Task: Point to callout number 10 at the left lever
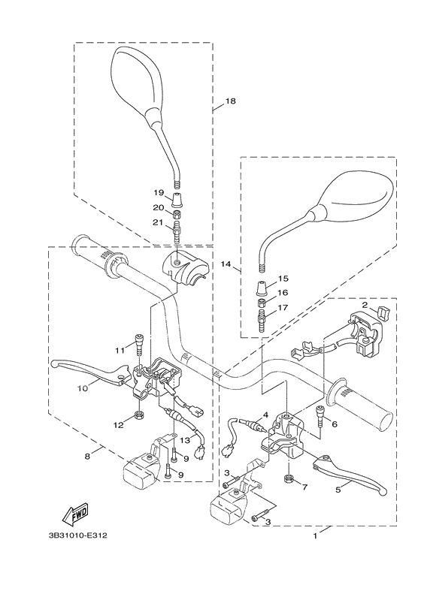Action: pyautogui.click(x=83, y=388)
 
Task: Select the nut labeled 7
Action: pyautogui.click(x=288, y=478)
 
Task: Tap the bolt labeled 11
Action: pyautogui.click(x=138, y=345)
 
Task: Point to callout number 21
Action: pyautogui.click(x=159, y=222)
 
